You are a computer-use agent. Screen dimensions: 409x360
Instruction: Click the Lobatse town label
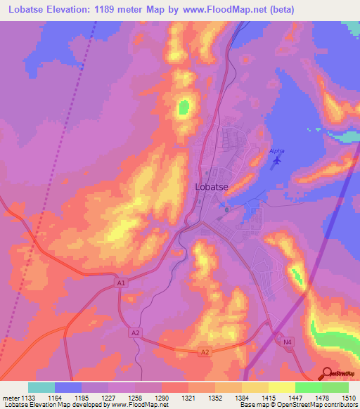point(210,188)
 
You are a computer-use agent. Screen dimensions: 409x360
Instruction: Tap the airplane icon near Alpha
point(276,162)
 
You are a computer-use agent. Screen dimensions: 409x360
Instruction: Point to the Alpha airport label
point(278,151)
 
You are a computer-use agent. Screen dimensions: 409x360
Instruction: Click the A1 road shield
point(122,283)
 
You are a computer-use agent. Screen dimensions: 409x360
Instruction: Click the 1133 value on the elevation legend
point(27,398)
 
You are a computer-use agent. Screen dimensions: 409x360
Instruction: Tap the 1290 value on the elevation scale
point(161,398)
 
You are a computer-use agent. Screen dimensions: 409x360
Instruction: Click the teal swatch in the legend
point(41,387)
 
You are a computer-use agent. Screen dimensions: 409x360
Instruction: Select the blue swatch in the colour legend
point(68,387)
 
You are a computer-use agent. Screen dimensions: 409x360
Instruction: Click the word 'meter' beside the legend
point(11,398)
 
